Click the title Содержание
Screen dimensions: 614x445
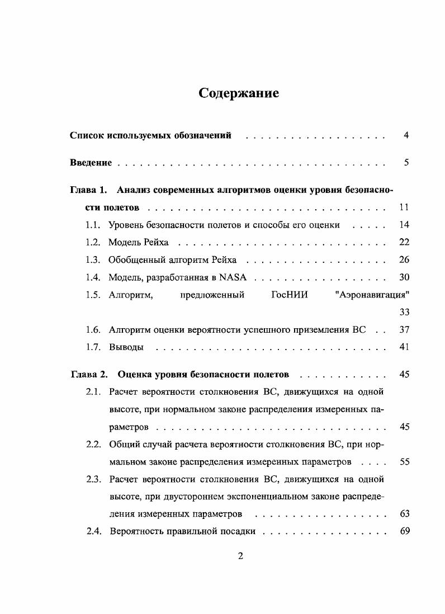tap(239, 93)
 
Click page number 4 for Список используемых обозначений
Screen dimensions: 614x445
tap(406, 135)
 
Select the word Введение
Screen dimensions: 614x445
tap(91, 163)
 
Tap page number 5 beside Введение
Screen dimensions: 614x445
tap(406, 163)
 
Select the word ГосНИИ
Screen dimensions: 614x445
tap(289, 295)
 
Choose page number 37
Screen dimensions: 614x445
tap(405, 329)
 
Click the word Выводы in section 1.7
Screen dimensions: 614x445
tap(126, 347)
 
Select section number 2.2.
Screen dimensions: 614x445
tap(93, 445)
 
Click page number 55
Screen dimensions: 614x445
tap(405, 462)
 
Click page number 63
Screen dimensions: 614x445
tap(405, 513)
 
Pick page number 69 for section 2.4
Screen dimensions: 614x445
tap(405, 531)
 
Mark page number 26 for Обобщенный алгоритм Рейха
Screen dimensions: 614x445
tap(405, 259)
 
